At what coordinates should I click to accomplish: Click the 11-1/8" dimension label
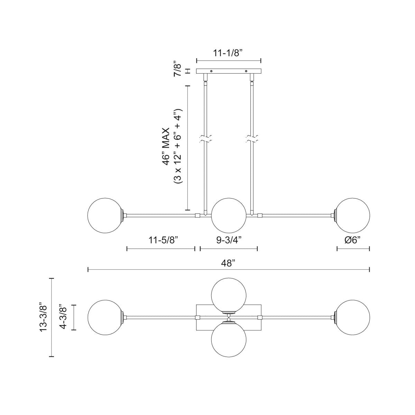[229, 53]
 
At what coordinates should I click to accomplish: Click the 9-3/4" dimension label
[229, 241]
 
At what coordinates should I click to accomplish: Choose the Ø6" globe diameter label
[353, 241]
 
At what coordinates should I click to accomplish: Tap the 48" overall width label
[229, 263]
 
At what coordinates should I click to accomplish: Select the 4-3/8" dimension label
[64, 317]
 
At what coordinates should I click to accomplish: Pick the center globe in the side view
[229, 215]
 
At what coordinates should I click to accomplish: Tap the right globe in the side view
[352, 215]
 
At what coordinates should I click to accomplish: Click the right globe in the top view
[352, 317]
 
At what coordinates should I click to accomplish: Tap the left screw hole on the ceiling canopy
[212, 71]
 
